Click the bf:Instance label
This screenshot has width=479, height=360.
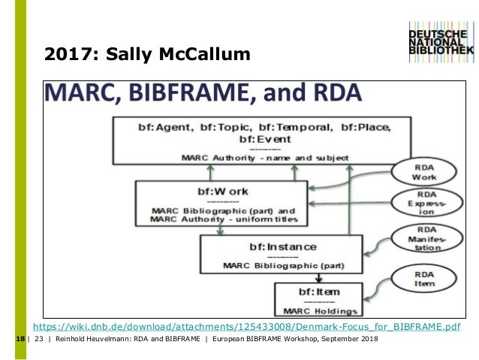click(x=262, y=247)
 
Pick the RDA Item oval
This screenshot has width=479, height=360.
click(x=425, y=279)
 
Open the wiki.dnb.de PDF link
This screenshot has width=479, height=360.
click(x=246, y=328)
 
